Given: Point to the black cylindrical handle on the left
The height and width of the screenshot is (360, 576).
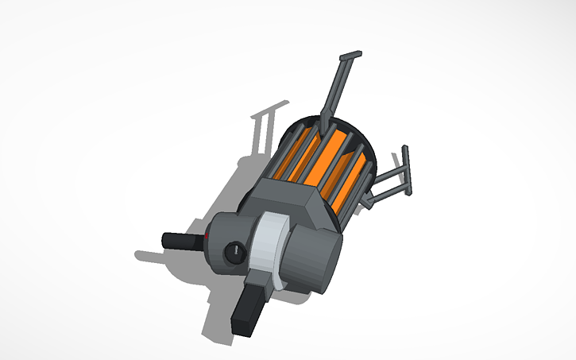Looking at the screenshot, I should pyautogui.click(x=181, y=239).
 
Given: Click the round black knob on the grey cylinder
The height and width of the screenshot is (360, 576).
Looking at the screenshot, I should pyautogui.click(x=234, y=252).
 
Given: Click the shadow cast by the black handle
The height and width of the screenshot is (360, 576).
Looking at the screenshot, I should pyautogui.click(x=151, y=257).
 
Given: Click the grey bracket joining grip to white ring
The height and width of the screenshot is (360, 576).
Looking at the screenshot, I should pyautogui.click(x=260, y=277).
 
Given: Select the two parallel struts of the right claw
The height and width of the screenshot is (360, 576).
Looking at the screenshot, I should pyautogui.click(x=385, y=184).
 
